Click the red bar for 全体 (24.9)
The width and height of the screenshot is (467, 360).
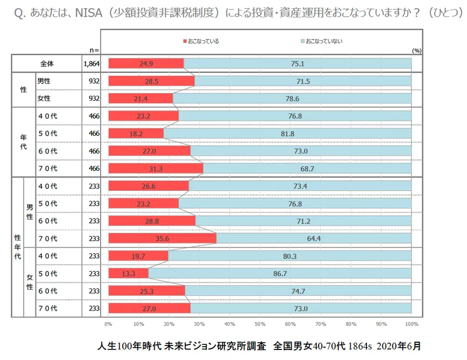click(146, 63)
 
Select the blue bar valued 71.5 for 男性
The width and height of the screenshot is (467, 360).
click(303, 81)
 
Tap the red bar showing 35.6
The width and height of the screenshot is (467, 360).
click(162, 239)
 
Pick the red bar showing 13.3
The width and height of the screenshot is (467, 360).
click(128, 274)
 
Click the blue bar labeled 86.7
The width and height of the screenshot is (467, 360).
click(280, 274)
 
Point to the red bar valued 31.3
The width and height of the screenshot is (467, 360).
click(156, 168)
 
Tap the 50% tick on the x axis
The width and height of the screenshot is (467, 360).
click(260, 323)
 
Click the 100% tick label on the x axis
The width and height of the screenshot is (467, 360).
click(410, 323)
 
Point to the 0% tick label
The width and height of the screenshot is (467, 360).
click(108, 323)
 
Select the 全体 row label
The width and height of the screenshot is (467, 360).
click(47, 63)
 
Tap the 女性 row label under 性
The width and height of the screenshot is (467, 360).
click(44, 98)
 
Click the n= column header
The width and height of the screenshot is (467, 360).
click(93, 50)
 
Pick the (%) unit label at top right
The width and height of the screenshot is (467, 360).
click(416, 50)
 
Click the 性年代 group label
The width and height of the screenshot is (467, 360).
click(17, 247)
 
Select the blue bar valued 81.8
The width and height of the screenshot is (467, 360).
click(287, 134)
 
